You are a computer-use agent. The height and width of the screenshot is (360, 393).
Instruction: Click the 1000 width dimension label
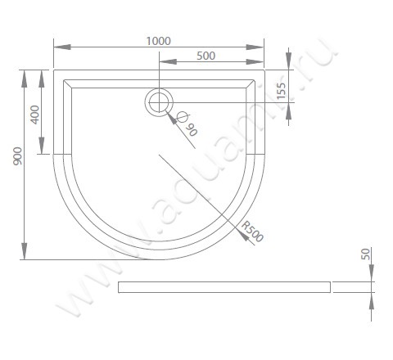click(x=159, y=39)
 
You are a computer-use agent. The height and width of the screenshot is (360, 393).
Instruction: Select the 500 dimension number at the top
click(x=206, y=55)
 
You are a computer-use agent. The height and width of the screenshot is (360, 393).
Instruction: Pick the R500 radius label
click(x=252, y=232)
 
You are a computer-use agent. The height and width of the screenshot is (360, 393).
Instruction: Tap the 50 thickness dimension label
click(x=365, y=254)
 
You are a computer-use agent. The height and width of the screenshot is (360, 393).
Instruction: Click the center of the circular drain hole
click(x=159, y=102)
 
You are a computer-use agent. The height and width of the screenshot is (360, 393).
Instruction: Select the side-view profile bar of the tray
click(x=224, y=286)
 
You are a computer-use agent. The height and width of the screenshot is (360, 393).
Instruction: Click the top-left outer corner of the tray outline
click(x=54, y=69)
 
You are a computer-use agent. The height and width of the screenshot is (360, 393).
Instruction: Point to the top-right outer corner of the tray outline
click(x=264, y=69)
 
